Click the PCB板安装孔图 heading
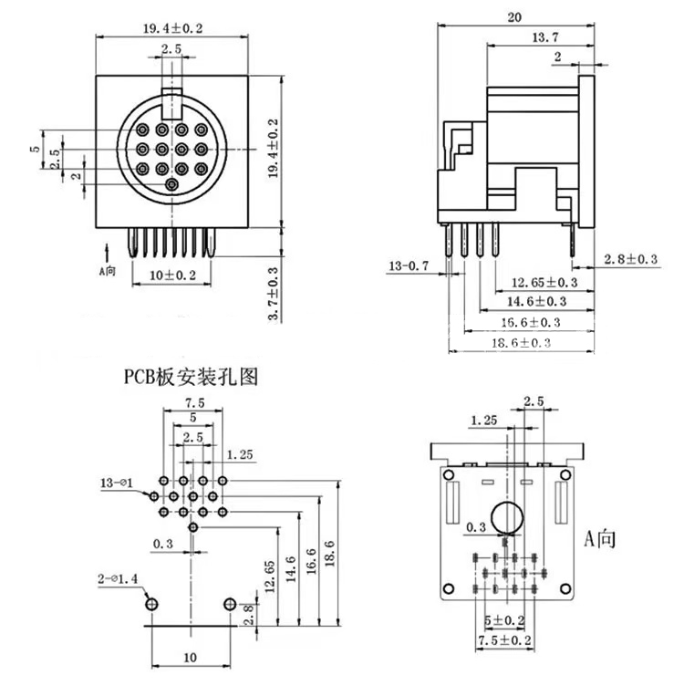[x=192, y=375]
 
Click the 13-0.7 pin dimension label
[x=409, y=266]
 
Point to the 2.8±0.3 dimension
[x=631, y=260]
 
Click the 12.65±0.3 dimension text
[x=544, y=283]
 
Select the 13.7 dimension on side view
[x=544, y=36]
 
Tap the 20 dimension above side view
[x=516, y=16]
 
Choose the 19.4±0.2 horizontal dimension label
[x=172, y=28]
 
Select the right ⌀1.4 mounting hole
[x=229, y=603]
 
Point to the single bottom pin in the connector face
[x=172, y=185]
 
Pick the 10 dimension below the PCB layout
[x=190, y=656]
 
